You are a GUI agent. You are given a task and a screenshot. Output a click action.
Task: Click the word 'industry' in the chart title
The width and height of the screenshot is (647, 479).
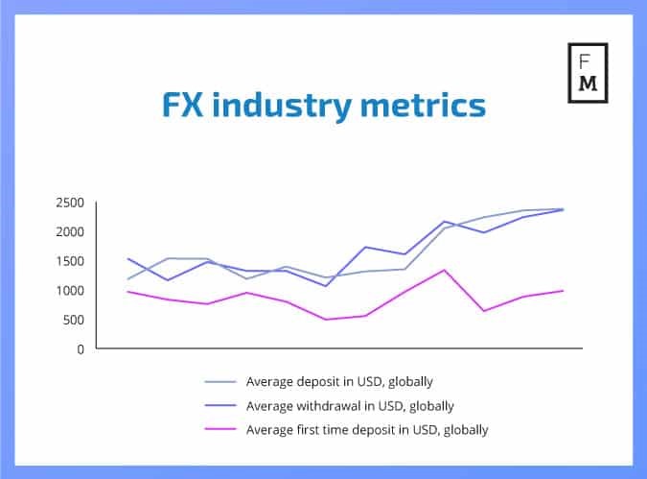click(282, 106)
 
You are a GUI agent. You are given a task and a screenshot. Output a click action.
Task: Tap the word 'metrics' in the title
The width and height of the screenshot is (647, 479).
click(423, 105)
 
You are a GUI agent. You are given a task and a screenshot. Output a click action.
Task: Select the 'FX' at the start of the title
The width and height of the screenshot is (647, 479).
click(183, 105)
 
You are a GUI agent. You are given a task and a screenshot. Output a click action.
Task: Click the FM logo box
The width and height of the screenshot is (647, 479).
click(588, 73)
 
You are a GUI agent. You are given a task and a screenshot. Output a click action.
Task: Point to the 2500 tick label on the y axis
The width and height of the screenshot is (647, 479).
click(70, 203)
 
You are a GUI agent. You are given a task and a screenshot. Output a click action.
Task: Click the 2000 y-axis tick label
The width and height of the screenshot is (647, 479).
click(70, 232)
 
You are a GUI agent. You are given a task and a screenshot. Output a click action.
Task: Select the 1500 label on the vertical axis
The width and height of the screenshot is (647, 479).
click(70, 261)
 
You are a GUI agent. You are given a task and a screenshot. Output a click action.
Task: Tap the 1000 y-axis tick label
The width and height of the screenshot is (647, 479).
click(70, 291)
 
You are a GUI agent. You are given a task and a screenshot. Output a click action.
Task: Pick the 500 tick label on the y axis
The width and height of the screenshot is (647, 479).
click(74, 320)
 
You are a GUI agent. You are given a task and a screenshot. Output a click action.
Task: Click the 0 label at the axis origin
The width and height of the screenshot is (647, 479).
click(81, 349)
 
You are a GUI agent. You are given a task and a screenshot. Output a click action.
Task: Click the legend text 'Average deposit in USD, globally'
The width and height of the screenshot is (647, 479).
click(339, 381)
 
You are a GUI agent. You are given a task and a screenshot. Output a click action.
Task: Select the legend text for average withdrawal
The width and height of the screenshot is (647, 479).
click(350, 406)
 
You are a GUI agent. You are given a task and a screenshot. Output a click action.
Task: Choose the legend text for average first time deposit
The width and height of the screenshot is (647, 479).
click(367, 430)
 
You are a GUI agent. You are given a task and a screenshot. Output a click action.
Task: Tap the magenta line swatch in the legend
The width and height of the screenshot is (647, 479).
click(220, 429)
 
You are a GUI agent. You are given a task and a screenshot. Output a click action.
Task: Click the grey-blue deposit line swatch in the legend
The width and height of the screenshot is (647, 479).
click(220, 381)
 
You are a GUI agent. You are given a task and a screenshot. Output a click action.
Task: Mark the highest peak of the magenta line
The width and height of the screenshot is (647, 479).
click(445, 270)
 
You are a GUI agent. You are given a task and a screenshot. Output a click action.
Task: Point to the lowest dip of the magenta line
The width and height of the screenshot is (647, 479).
click(326, 320)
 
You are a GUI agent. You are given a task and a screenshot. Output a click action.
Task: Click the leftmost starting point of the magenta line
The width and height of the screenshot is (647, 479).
click(127, 292)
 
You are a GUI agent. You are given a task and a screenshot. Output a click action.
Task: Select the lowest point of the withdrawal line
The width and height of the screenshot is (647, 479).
click(326, 286)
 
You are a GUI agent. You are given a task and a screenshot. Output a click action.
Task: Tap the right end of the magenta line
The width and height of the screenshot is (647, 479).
click(563, 291)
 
